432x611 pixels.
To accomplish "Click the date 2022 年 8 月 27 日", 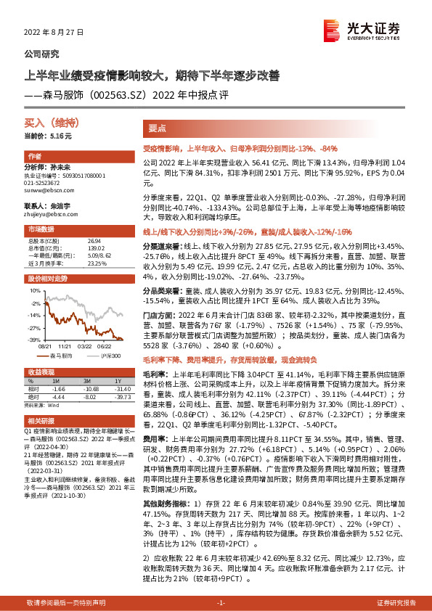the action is [55, 33].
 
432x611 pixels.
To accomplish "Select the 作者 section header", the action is [34, 157].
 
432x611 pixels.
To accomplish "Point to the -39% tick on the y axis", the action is [34, 339].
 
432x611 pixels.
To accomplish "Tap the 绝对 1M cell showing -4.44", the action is [59, 396].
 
